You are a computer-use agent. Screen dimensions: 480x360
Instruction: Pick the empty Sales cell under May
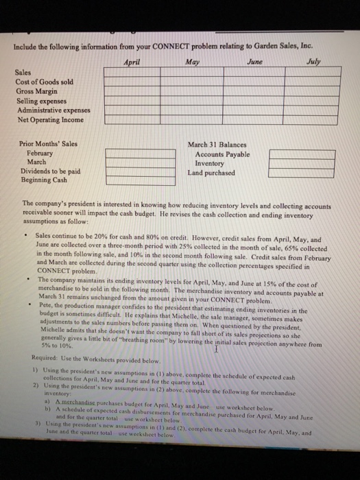click(189, 71)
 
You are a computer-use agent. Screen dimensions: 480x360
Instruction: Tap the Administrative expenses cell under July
click(312, 110)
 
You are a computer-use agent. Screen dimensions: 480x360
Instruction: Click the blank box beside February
click(124, 153)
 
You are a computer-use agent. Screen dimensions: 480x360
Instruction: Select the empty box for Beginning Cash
click(124, 180)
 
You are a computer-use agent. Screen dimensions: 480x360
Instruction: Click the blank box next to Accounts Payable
click(291, 154)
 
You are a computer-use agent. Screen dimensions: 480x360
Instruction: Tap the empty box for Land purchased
click(291, 173)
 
